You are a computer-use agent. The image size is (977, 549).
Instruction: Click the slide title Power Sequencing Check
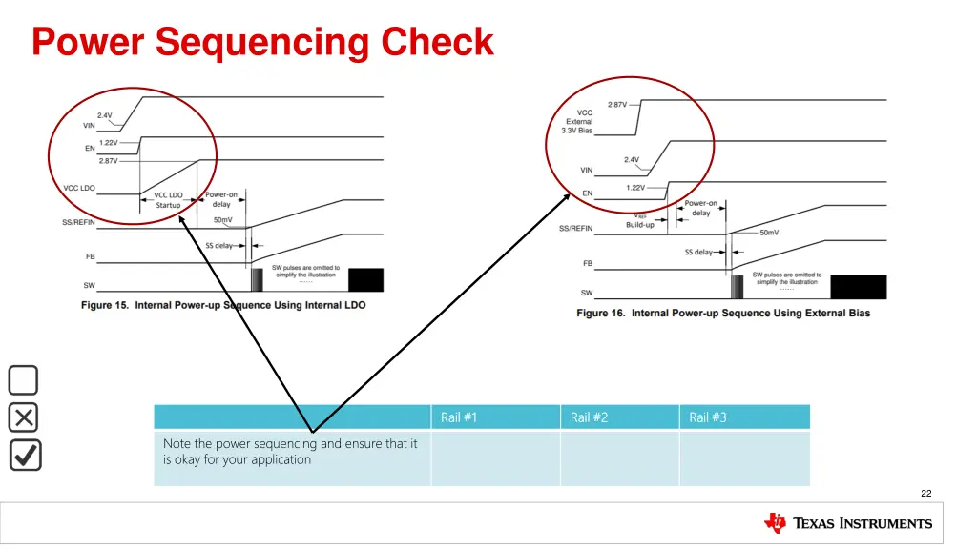click(x=262, y=43)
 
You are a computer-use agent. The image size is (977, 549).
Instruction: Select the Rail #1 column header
click(x=459, y=417)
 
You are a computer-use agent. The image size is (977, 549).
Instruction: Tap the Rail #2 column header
click(x=589, y=417)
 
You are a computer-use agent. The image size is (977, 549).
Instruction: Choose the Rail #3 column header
click(x=708, y=417)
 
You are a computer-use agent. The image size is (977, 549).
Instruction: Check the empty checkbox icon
click(x=24, y=380)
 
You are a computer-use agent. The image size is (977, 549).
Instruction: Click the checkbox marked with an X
click(x=24, y=417)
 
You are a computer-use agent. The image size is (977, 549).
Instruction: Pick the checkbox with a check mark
click(x=25, y=455)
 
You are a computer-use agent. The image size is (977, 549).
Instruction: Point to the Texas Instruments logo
click(x=848, y=522)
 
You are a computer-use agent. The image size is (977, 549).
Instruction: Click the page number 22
click(x=925, y=493)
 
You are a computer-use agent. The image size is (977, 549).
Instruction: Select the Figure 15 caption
click(x=223, y=305)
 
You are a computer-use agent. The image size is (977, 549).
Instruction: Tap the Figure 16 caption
click(x=723, y=313)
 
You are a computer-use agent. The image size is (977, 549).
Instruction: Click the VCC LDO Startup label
click(x=168, y=200)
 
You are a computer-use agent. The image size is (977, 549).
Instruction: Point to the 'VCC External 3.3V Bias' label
click(x=579, y=121)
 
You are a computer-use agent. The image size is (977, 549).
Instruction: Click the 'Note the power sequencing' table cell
click(x=291, y=452)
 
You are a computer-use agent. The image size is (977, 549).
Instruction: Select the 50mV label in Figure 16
click(x=769, y=233)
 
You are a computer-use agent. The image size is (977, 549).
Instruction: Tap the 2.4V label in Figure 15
click(x=104, y=115)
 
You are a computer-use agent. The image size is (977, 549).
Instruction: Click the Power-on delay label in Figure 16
click(x=701, y=208)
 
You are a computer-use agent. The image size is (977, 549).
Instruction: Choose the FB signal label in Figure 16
click(x=587, y=263)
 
